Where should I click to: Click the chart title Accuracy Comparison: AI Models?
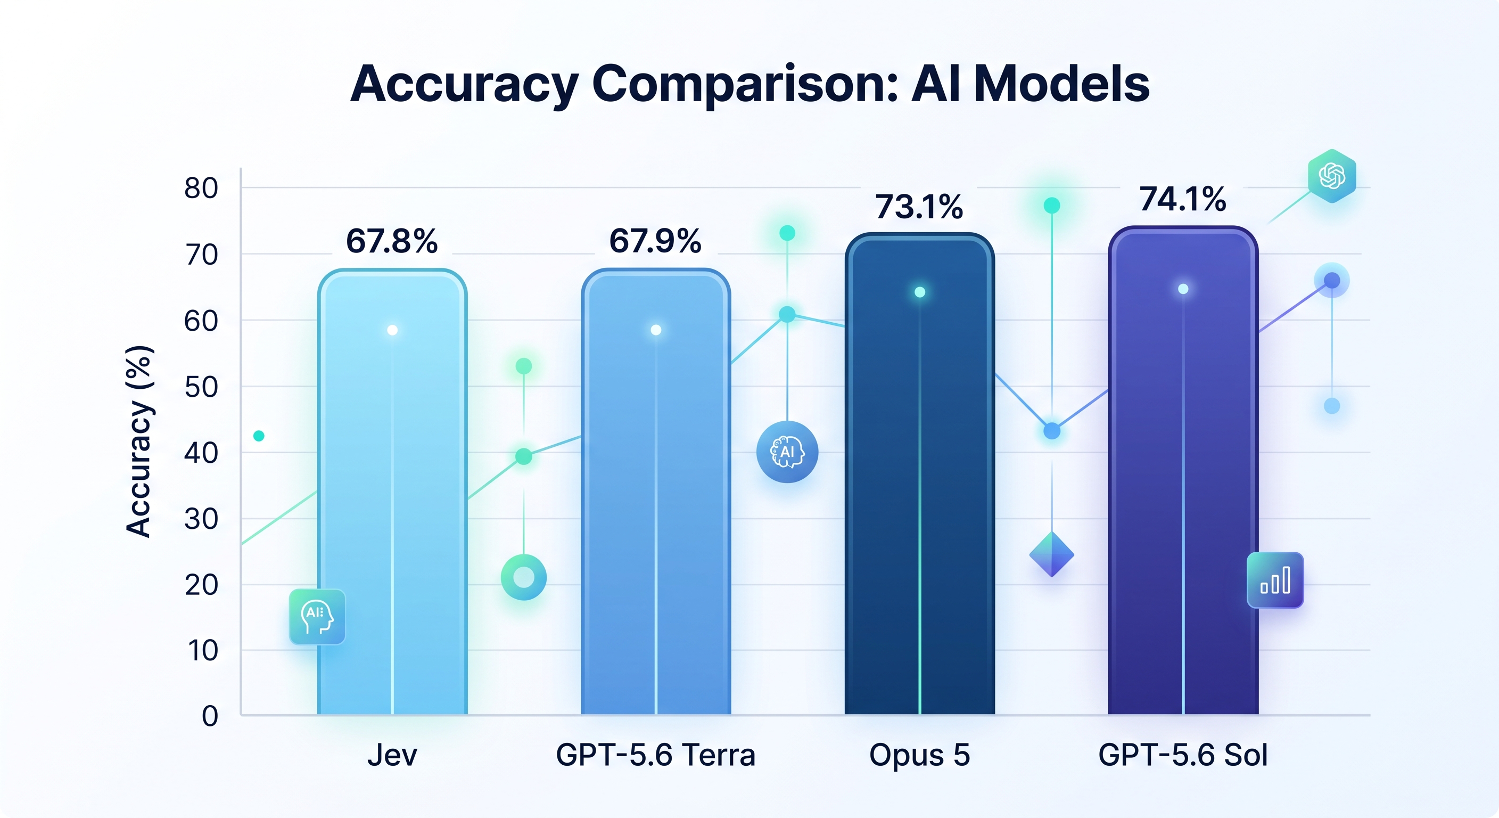click(x=749, y=85)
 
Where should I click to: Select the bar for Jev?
click(x=392, y=492)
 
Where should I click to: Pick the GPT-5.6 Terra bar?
click(x=656, y=492)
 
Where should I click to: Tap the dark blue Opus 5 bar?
click(x=919, y=474)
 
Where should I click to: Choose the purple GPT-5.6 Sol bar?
click(x=1183, y=470)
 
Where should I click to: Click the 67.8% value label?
click(x=392, y=241)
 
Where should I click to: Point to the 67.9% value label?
click(x=655, y=241)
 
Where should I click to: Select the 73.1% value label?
click(x=919, y=207)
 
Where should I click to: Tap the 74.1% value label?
click(x=1183, y=199)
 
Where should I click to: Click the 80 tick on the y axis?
click(x=201, y=189)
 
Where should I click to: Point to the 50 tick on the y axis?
click(x=201, y=387)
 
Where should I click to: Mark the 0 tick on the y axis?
click(x=210, y=716)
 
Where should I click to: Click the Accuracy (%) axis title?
click(x=139, y=441)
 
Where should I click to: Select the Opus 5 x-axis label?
click(x=919, y=755)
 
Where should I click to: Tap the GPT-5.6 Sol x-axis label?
click(x=1183, y=755)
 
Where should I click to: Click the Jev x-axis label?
click(x=392, y=755)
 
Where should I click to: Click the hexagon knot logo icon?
click(x=1332, y=176)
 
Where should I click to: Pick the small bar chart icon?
click(x=1275, y=580)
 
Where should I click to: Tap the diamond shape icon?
click(x=1051, y=554)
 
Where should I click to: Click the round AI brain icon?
click(x=787, y=452)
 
